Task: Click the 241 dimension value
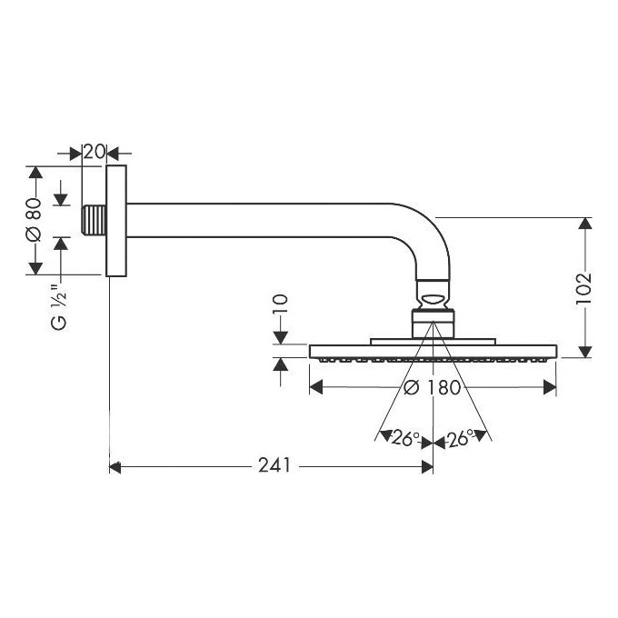[274, 465]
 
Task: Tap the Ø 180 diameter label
[433, 387]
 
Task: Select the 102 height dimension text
[584, 288]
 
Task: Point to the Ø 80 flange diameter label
[34, 220]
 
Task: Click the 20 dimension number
[94, 152]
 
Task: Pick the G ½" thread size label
[59, 306]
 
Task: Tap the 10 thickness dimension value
[280, 304]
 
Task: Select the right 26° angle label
[460, 437]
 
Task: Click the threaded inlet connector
[94, 220]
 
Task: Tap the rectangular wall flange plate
[116, 221]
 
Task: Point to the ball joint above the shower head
[433, 300]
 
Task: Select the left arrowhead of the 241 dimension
[115, 467]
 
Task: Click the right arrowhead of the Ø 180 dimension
[550, 387]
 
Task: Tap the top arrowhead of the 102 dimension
[585, 224]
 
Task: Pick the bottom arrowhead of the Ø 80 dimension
[35, 268]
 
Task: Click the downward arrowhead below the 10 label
[280, 338]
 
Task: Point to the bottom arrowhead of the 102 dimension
[585, 352]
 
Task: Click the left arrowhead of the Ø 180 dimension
[316, 387]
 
